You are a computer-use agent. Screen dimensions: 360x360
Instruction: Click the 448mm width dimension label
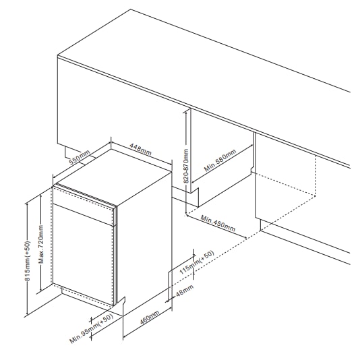tap(140, 150)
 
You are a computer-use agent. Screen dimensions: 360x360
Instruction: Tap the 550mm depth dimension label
tap(80, 158)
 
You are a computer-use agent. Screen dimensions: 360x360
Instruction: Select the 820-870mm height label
tap(186, 166)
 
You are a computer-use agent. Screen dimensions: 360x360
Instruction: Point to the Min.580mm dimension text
tap(220, 160)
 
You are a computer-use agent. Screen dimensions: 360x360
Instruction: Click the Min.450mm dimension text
tap(218, 223)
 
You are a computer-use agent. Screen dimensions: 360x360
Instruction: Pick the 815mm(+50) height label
tap(28, 261)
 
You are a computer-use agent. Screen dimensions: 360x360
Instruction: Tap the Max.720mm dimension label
tap(41, 244)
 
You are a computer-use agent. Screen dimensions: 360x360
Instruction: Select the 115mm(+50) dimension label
tap(197, 262)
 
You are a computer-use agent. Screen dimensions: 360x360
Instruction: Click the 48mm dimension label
tap(185, 291)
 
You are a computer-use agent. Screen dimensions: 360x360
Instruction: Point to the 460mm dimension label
tap(150, 318)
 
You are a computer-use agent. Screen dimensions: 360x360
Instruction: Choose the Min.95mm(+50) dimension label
tap(92, 328)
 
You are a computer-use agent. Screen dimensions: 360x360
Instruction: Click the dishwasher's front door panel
tap(83, 254)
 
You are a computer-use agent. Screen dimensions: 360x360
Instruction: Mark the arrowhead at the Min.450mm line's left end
tap(187, 216)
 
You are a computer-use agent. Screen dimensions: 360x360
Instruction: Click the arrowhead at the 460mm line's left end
tap(125, 337)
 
